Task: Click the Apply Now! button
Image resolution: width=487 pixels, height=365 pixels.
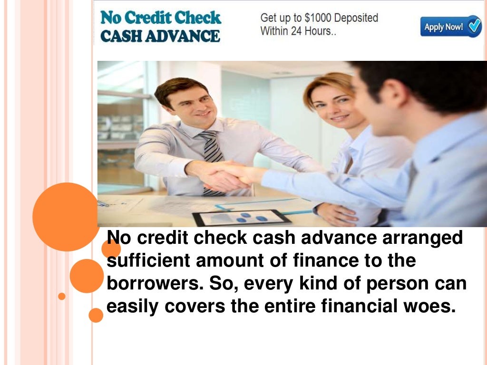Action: click(450, 27)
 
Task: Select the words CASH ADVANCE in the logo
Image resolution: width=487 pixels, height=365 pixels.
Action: click(160, 36)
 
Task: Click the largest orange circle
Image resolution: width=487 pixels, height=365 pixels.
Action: click(66, 217)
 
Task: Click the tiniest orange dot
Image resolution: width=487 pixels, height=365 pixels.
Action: click(61, 296)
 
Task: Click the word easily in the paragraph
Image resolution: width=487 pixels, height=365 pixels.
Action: click(133, 307)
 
